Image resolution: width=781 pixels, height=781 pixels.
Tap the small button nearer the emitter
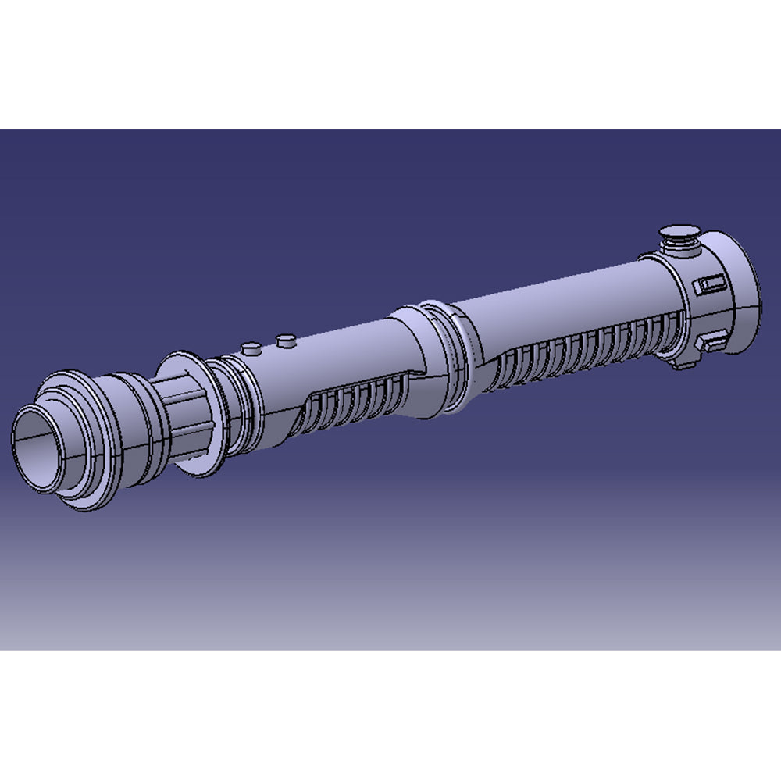click(250, 348)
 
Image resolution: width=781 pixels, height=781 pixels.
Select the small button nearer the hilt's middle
click(286, 339)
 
